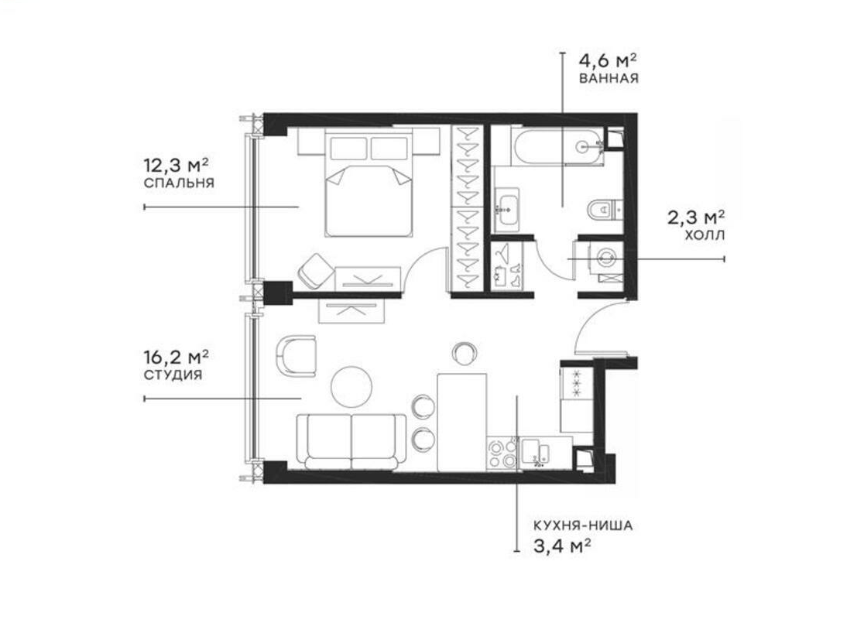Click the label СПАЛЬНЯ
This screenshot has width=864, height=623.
tap(179, 183)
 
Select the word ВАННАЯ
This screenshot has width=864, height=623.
tap(609, 78)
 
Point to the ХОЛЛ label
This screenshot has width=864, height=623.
tap(705, 236)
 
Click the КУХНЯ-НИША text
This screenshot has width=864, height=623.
tap(583, 526)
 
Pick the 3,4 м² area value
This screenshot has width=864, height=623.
tap(562, 546)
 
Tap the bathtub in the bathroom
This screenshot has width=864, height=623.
tap(557, 146)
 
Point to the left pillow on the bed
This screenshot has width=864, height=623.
tap(348, 148)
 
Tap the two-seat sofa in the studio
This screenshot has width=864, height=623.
tap(351, 442)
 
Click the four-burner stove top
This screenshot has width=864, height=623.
tap(502, 454)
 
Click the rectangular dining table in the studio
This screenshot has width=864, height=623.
tap(461, 423)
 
